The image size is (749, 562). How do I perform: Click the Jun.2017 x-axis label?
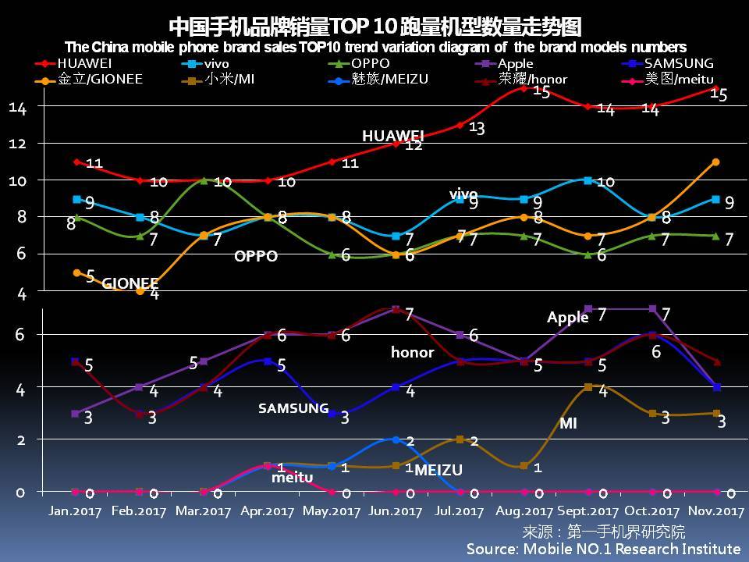(x=396, y=511)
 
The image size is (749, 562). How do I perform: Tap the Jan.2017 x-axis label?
(x=74, y=511)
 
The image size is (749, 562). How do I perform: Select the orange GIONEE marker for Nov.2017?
(x=715, y=162)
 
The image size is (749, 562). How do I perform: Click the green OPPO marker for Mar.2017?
(x=204, y=180)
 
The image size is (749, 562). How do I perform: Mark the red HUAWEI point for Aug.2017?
(x=524, y=89)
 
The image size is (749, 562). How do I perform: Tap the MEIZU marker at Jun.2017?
(x=396, y=440)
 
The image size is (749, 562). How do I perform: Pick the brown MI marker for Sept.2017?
(x=588, y=387)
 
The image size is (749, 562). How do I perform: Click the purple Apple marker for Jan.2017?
(x=76, y=414)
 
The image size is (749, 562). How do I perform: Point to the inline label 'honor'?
(x=412, y=353)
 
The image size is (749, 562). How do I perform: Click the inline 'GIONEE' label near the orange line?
(x=130, y=283)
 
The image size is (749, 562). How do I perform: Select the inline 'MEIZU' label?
(x=438, y=470)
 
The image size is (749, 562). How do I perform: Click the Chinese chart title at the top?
(x=374, y=27)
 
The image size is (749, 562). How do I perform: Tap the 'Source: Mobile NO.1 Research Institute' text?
(x=603, y=549)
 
